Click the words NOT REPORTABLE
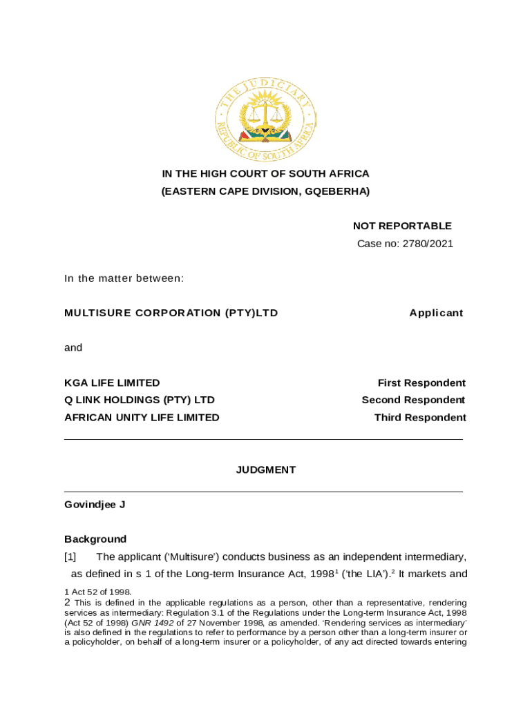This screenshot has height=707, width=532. click(x=402, y=226)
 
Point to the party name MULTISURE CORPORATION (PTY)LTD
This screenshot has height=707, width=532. click(x=171, y=313)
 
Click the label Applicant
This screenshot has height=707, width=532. click(x=436, y=313)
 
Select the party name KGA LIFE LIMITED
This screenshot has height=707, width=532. click(x=112, y=382)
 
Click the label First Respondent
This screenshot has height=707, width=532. click(x=421, y=382)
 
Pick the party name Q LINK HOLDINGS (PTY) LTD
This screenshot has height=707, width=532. click(x=140, y=400)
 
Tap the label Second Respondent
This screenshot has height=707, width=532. click(x=413, y=400)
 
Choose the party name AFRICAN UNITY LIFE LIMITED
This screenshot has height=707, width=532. click(x=142, y=417)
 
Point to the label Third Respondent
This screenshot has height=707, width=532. click(x=420, y=417)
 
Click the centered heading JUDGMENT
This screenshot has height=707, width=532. click(x=266, y=469)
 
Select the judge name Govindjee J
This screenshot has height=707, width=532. click(x=95, y=504)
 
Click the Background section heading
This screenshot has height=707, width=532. click(x=95, y=539)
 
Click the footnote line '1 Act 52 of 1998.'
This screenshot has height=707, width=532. click(x=97, y=592)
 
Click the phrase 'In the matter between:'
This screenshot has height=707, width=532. click(x=124, y=278)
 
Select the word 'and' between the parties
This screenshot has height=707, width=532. click(x=73, y=347)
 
